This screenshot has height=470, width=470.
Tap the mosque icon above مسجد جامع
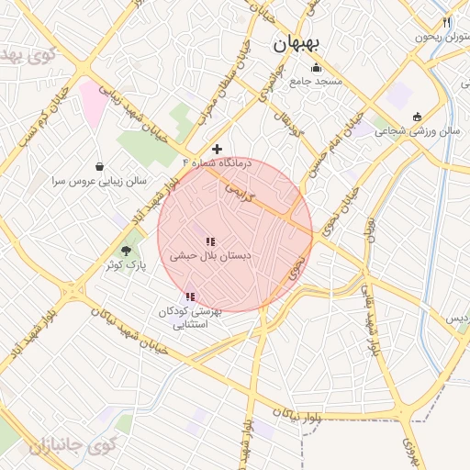click(317, 67)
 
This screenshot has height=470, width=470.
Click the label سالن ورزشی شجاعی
click(423, 131)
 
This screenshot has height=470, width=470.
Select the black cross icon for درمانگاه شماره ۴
click(217, 149)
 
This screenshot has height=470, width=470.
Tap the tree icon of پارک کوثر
click(127, 250)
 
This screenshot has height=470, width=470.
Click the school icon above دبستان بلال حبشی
click(211, 241)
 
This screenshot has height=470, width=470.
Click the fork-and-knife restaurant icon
click(446, 22)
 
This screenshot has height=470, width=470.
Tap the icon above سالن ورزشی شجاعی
click(417, 117)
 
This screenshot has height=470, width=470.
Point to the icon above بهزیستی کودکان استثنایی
click(189, 297)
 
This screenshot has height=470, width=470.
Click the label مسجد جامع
click(317, 81)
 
